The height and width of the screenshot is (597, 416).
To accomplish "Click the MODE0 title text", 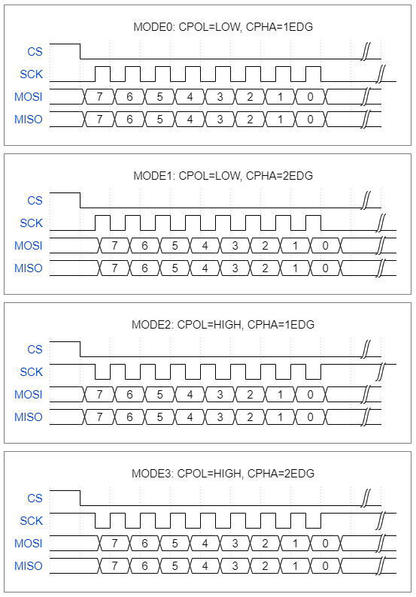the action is [x=223, y=27].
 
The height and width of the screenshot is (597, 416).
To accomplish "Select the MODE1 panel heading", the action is [x=223, y=176].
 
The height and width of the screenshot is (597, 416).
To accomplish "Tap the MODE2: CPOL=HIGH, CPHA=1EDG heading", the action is [x=223, y=325].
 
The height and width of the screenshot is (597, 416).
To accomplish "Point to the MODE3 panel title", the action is [x=223, y=474].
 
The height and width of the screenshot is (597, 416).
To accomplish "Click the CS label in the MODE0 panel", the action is [x=35, y=51].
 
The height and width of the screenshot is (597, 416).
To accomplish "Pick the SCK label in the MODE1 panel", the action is [x=32, y=223].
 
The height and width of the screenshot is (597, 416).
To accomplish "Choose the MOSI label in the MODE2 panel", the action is [x=28, y=395].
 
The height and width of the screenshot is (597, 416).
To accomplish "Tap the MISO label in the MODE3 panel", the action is [x=28, y=565].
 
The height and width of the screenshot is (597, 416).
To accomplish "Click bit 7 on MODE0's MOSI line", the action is [x=99, y=97].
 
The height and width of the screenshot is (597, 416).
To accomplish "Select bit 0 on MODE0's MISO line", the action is [x=310, y=119].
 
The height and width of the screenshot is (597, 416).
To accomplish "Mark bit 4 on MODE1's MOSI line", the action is [x=205, y=246].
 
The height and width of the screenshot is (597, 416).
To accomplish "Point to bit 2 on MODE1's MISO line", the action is [x=265, y=268].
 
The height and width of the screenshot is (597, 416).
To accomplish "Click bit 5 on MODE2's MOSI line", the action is [x=159, y=395].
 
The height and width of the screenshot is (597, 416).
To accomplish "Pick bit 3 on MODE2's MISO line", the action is [x=220, y=417].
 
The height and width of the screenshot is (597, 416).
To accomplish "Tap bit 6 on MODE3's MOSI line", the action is [x=144, y=544].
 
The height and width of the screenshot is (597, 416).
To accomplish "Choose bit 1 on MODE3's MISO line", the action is [x=295, y=565].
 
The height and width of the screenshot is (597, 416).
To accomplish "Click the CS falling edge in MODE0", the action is [x=80, y=51].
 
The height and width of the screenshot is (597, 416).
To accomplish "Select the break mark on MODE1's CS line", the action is [x=366, y=200].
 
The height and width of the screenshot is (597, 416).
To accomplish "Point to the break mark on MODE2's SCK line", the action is [x=380, y=371].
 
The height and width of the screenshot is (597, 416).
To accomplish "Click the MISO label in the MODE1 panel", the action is [x=28, y=268].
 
